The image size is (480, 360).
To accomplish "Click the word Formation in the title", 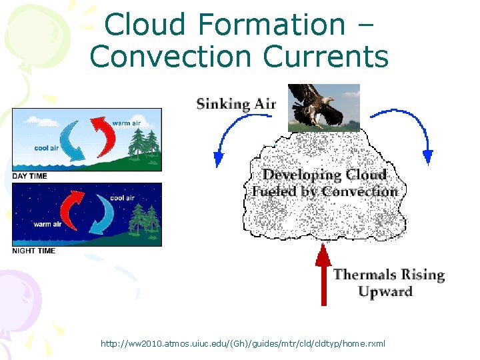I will pos(272,25).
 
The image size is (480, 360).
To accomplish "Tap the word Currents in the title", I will pos(326,57).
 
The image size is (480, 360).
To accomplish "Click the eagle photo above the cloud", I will pos(323,107).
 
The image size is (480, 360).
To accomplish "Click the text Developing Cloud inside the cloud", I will pos(325,175).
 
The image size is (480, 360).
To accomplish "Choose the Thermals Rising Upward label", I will pos(389,283).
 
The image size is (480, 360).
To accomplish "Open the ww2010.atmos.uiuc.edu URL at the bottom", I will pos(242,343).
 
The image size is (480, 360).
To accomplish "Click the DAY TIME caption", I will pos(30,175).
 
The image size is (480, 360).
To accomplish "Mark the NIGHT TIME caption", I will pos(33,251).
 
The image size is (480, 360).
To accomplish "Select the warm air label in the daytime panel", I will pos(125,123).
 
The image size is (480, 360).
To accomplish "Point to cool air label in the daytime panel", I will pos(47,148).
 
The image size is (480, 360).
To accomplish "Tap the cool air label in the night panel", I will pos(123,197).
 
